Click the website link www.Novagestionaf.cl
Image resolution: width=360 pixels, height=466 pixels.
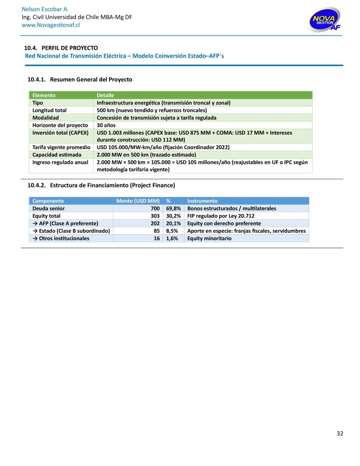51,25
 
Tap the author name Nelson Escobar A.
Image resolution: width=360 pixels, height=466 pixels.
45,9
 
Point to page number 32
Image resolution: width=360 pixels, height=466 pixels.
339,434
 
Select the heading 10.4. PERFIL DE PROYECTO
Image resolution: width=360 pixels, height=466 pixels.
61,48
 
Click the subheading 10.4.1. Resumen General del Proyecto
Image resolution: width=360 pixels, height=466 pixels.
80,79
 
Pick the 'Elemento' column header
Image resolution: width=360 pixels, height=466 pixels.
44,95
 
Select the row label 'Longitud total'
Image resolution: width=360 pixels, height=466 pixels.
49,110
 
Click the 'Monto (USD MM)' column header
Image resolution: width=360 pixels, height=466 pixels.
138,201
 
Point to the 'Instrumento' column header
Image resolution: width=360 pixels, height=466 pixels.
202,201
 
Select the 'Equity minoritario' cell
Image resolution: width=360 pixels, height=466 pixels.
210,238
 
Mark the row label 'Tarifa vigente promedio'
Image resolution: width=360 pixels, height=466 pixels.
61,147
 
